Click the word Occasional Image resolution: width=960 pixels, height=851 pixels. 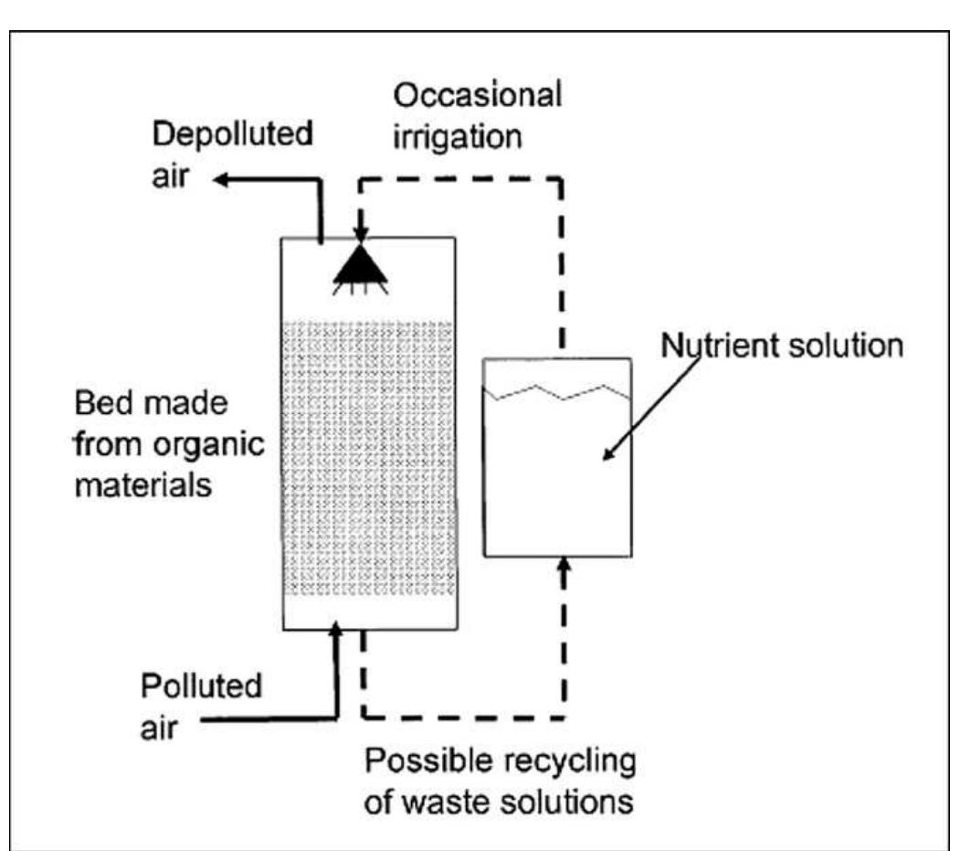click(x=477, y=95)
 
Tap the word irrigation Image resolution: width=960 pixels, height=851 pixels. click(x=458, y=136)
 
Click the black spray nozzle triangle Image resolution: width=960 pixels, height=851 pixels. click(x=361, y=266)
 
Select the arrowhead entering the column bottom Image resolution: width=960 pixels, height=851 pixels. click(x=338, y=629)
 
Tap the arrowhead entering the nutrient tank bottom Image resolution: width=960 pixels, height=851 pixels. click(x=564, y=567)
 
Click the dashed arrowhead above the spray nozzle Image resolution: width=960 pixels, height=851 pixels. click(x=361, y=239)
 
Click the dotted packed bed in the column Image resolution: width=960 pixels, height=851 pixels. click(x=368, y=457)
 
